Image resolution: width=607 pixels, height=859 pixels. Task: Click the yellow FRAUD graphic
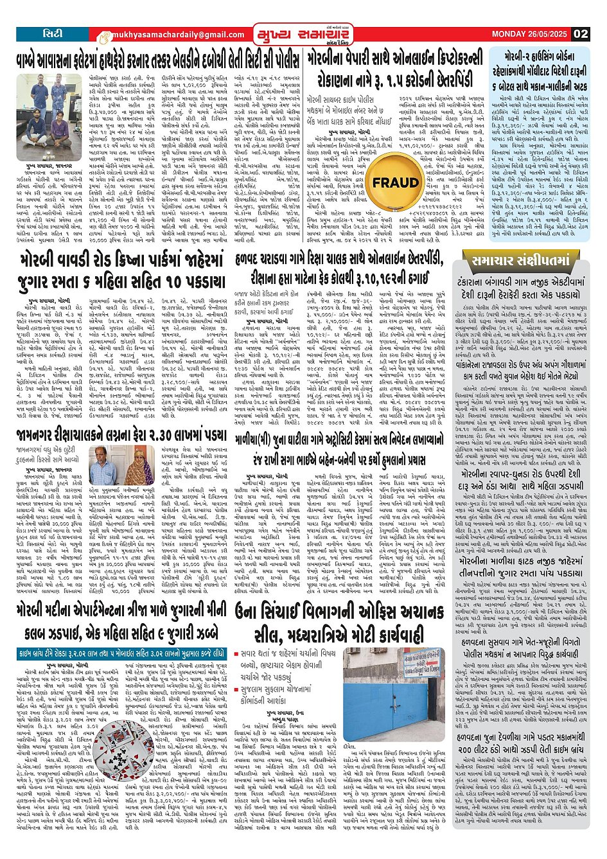pyautogui.click(x=395, y=183)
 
